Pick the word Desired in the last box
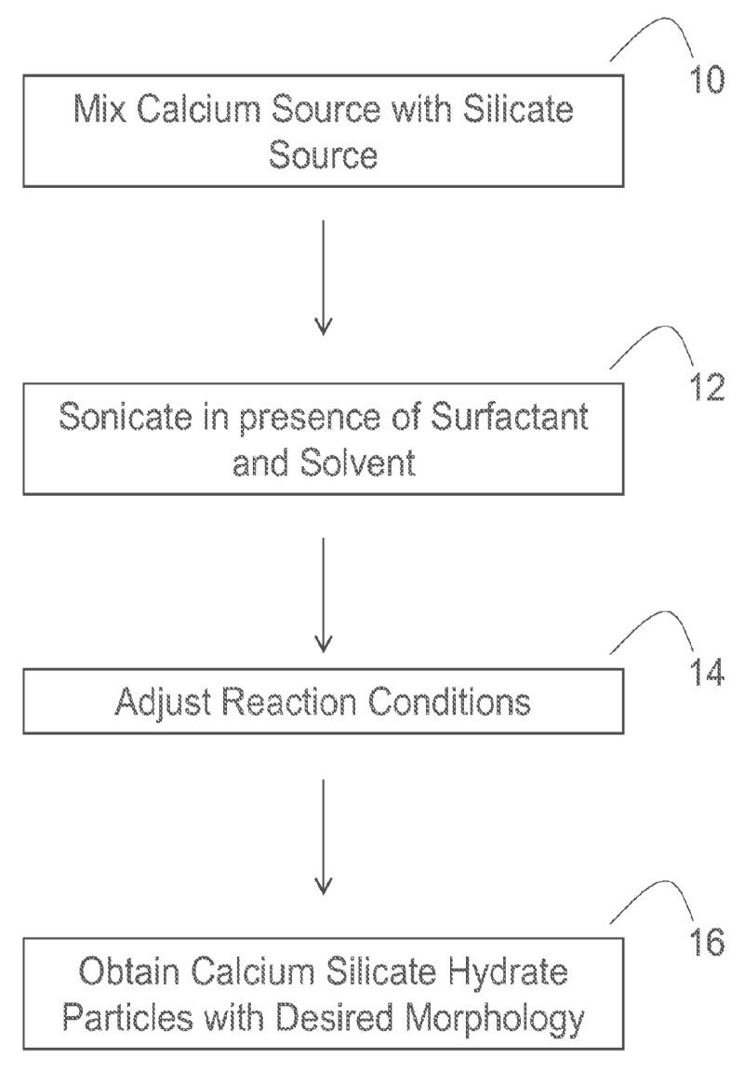point(343,1020)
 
